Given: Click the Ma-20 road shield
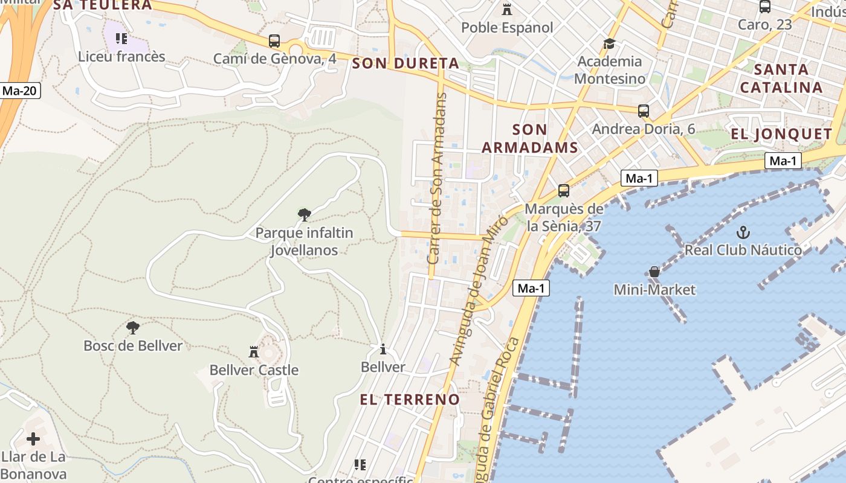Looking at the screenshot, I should pos(20,91).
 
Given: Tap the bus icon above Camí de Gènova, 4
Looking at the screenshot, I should pos(274,41).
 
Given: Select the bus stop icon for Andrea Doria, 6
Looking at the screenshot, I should pos(644,111).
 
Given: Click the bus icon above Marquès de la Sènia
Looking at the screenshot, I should pos(564,191).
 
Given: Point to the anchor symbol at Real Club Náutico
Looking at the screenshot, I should pos(743,232).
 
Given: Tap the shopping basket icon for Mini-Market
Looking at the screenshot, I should pos(654,272).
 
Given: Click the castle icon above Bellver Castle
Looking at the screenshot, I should pos(254,351).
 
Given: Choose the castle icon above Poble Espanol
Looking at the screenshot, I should pos(506,10).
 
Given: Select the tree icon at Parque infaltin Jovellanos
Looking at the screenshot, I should pos(305,214).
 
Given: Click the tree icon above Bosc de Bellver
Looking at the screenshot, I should pos(133,328).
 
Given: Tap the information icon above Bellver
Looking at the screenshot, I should pos(383,349).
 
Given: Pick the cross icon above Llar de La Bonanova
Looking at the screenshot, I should pos(33,439).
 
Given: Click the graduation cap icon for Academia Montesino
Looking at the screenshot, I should pos(609,43).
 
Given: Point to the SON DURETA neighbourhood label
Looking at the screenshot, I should pos(405,63).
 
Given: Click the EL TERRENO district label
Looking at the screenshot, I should pos(410,399).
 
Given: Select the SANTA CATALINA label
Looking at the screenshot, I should pos(781,78).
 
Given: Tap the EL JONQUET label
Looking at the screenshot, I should pos(781,133).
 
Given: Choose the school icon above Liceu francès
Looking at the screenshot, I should pos(121,39).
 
